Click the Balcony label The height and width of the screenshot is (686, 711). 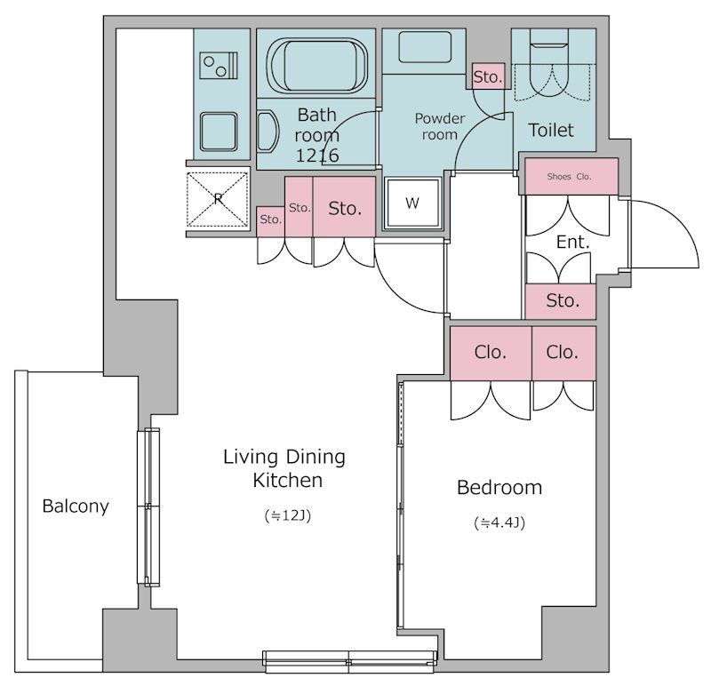(76, 507)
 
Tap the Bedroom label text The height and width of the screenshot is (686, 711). (499, 488)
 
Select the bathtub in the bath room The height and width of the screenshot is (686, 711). (316, 64)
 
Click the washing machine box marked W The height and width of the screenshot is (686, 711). (412, 203)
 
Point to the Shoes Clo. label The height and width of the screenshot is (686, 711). (569, 176)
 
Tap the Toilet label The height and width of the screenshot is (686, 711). (551, 130)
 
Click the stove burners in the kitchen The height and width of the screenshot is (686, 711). (220, 66)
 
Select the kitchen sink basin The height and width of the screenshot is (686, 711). (219, 132)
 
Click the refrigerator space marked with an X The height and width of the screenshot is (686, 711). (218, 199)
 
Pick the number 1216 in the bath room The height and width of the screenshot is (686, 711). (317, 156)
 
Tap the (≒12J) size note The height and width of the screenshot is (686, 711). (288, 515)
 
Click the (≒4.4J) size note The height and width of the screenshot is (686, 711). (499, 522)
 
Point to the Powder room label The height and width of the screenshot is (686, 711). (439, 126)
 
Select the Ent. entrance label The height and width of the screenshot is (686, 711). (572, 242)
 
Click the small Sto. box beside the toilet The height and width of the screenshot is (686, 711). (488, 76)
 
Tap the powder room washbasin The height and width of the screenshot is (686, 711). (425, 47)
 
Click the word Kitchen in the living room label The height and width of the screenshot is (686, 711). (287, 480)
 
